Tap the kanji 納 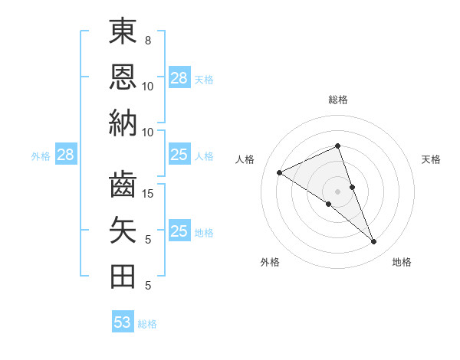tap(123, 122)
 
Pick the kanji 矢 tap(123, 231)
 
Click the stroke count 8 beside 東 tap(148, 40)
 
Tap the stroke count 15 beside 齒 tap(149, 193)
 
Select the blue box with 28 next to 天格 tap(179, 77)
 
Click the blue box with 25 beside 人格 tap(179, 155)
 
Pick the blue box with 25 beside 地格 tap(179, 231)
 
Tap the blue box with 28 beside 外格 tap(65, 155)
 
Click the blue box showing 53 tap(123, 322)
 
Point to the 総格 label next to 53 tap(147, 324)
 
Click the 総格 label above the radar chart tap(338, 100)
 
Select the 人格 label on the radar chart tap(245, 159)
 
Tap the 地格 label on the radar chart tap(402, 262)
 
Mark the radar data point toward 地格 tap(373, 242)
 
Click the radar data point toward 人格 tap(280, 173)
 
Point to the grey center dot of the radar tap(338, 191)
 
